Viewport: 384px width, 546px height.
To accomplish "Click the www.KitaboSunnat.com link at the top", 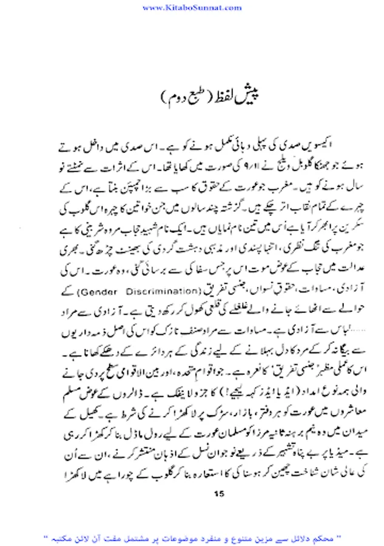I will [191, 7].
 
